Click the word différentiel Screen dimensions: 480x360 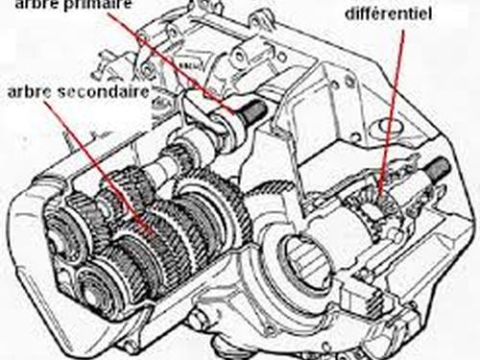click(388, 13)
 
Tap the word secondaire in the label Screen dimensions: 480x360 click(105, 92)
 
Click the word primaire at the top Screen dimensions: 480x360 click(97, 5)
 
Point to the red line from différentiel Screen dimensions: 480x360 click(392, 112)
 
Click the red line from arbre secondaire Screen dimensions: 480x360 click(99, 170)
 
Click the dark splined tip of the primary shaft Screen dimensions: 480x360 click(254, 111)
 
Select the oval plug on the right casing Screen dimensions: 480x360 click(391, 127)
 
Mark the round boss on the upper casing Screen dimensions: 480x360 click(238, 56)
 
